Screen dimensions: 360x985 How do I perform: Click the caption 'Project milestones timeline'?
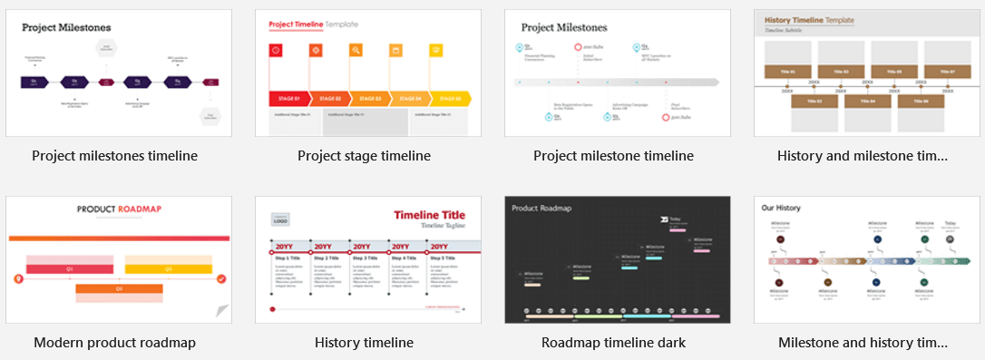114,156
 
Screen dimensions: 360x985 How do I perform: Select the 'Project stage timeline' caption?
364,156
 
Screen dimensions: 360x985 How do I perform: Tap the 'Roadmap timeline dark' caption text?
613,343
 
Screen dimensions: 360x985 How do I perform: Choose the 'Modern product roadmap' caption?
114,343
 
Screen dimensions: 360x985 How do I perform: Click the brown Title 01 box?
787,72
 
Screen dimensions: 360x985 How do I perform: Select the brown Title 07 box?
947,72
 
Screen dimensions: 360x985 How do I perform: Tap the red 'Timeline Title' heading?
428,215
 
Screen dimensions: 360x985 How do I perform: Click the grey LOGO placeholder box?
280,219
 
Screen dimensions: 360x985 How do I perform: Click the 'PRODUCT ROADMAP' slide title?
119,209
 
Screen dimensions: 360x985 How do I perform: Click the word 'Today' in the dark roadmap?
675,219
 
